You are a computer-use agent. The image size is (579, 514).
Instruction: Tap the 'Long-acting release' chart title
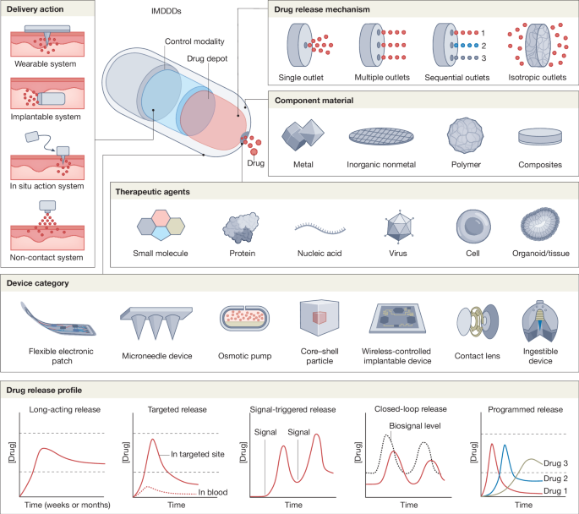(x=65, y=410)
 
